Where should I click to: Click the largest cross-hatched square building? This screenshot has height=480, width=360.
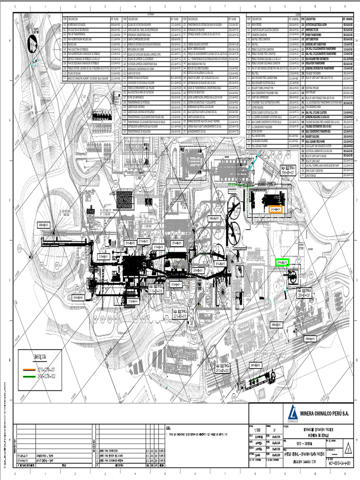point(125,200)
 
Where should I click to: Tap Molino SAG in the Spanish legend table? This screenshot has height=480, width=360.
point(74,34)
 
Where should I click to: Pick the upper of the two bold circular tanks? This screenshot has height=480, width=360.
point(233,205)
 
